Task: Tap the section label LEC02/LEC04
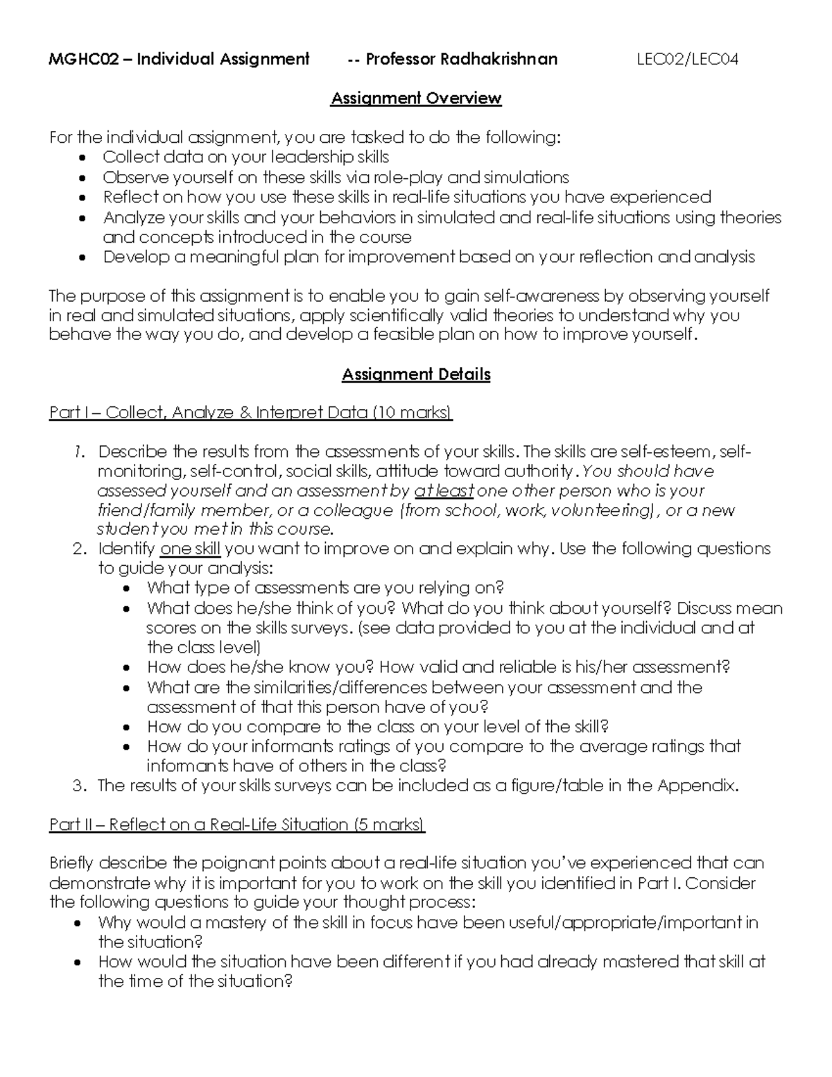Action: [x=687, y=60]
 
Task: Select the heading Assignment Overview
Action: [x=416, y=98]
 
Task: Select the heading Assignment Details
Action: [x=416, y=375]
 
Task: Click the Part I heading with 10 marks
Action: [x=250, y=413]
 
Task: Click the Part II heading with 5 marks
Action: [x=237, y=825]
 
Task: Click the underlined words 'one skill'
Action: [x=190, y=549]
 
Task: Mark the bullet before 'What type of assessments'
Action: [x=126, y=589]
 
